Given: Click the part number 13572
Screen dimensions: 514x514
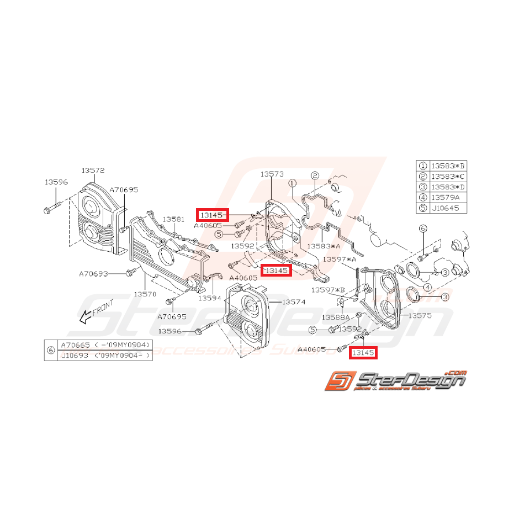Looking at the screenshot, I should point(93,171).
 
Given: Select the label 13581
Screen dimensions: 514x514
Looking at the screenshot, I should point(173,219).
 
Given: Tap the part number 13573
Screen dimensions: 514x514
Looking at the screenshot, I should point(272,174).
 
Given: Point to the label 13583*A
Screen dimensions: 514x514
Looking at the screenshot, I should point(324,246).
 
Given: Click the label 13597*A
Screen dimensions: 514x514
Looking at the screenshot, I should point(340,259).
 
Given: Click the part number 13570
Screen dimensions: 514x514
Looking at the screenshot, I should point(145,294).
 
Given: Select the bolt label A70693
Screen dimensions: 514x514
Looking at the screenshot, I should point(93,273).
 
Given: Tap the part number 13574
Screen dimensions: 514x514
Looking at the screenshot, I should point(294,302).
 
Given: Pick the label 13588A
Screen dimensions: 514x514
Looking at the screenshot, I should point(337,317).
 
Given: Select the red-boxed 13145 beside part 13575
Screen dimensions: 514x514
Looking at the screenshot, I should point(363,352).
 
